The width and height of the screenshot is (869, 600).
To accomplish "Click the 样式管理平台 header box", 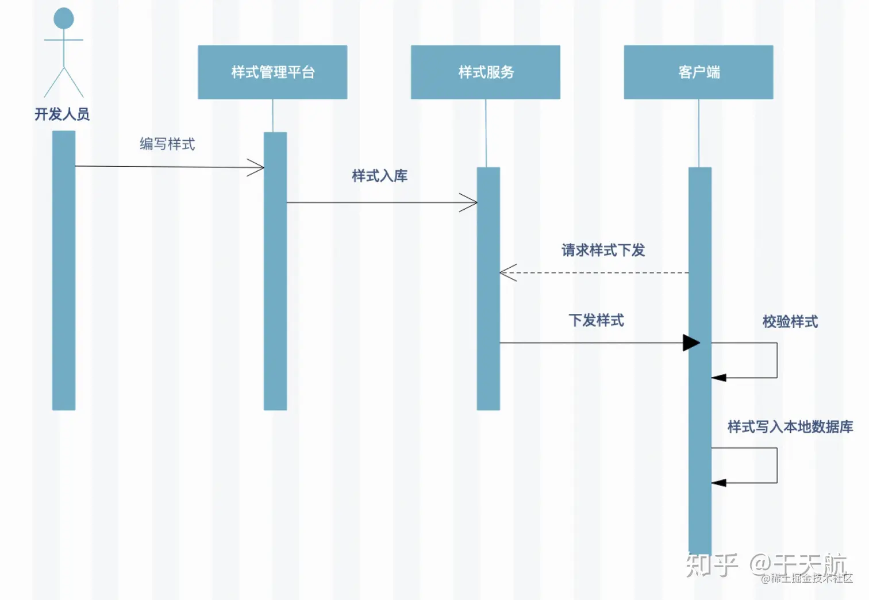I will (272, 72).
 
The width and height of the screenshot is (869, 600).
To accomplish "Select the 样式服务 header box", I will (485, 72).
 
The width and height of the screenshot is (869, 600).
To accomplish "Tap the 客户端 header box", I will (698, 72).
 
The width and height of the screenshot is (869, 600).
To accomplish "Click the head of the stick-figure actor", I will (64, 18).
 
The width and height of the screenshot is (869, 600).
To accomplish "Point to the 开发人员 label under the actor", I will (62, 114).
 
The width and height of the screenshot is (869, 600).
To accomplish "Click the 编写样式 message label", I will (167, 144).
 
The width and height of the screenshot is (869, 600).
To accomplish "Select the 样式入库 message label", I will (379, 176).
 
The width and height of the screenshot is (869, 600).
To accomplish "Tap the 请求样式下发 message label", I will (603, 250).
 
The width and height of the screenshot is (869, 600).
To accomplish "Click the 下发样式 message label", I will (596, 320).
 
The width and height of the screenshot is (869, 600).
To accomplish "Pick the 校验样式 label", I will (790, 321).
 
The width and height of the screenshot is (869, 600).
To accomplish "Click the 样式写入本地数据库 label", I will (790, 426).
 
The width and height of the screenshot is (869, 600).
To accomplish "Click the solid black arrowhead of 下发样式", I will (691, 343).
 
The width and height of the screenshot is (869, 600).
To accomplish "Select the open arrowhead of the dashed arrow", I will (507, 273).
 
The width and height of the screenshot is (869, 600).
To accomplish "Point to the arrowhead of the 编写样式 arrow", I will (257, 168).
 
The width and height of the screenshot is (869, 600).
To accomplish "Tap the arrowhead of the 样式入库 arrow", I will (470, 202).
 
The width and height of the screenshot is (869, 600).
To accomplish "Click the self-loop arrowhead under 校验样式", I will (718, 378).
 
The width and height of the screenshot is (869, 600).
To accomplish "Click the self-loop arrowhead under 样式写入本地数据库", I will (718, 483).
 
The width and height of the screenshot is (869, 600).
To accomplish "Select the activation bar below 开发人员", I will (64, 270).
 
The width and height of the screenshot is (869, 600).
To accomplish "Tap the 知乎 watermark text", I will (712, 564).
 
